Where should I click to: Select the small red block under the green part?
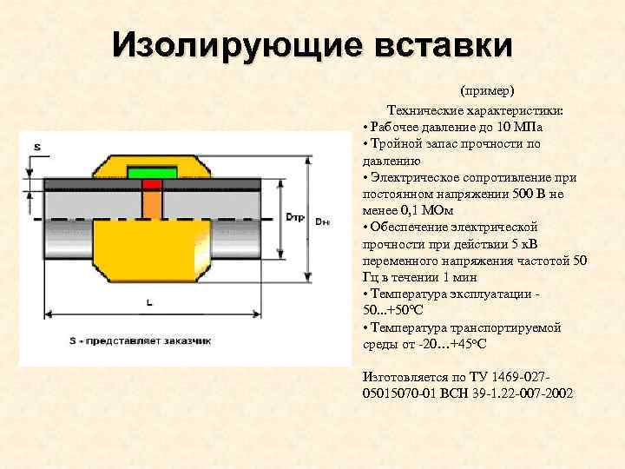(152, 184)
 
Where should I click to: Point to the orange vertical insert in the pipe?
(152, 204)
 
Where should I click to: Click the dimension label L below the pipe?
(150, 302)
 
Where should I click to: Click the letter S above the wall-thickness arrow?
(37, 147)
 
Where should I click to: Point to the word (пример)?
(487, 90)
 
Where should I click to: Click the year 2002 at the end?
(557, 393)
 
